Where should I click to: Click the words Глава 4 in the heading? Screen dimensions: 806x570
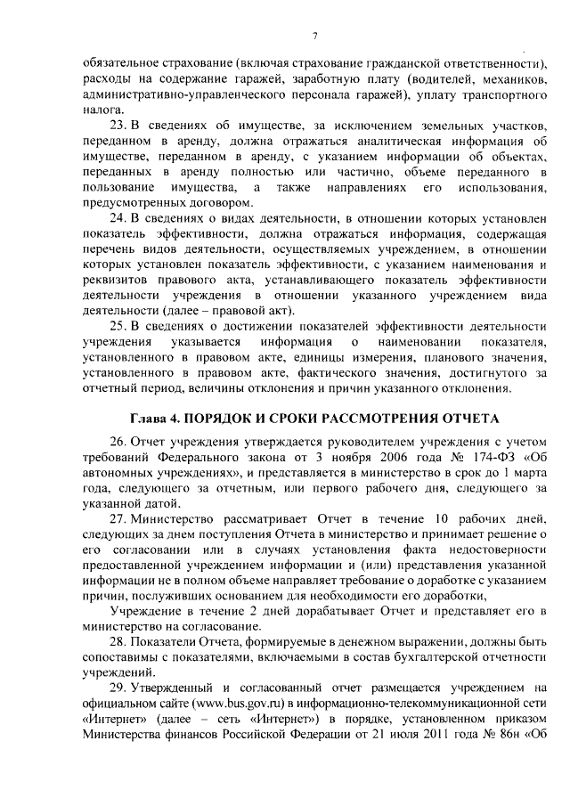[157, 419]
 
